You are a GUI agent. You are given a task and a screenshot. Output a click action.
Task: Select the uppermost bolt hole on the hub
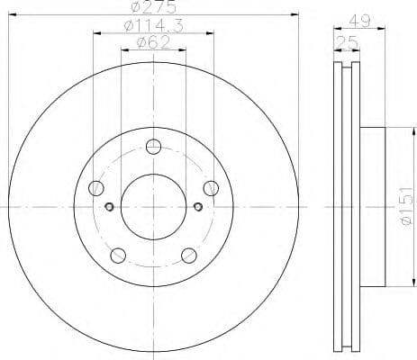[x=153, y=148]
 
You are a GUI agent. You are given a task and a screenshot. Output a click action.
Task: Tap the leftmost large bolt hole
[x=96, y=188]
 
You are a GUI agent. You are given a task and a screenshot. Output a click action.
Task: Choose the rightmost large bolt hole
[x=211, y=188]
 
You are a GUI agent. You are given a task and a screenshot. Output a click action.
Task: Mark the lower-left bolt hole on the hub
[x=117, y=255]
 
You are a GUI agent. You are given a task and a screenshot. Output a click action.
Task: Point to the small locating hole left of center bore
[x=109, y=206]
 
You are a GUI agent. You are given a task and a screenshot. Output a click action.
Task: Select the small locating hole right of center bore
[x=197, y=206]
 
